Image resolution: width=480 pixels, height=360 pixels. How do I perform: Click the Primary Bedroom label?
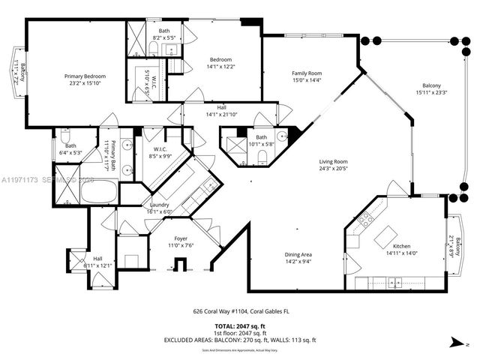tap(85, 76)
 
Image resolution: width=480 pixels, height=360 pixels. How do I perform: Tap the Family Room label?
tap(307, 73)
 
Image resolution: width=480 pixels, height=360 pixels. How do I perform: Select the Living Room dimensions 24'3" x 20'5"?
tap(334, 169)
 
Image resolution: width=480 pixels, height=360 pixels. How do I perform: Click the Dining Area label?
tap(298, 254)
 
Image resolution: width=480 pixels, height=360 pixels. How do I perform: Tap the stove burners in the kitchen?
tap(367, 220)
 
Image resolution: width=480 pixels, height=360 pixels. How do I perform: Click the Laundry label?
tap(158, 205)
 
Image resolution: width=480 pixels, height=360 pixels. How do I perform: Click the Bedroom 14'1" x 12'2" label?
tap(220, 59)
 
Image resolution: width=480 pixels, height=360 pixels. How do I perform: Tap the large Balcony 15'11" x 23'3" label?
tap(431, 85)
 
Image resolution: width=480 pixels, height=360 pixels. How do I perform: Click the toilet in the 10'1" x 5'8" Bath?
tap(262, 156)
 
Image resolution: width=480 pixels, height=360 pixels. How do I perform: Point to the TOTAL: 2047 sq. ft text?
tap(239, 326)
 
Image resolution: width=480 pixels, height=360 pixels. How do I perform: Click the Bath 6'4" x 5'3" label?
tap(70, 145)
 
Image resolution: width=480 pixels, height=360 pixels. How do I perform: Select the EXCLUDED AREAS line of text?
tap(239, 340)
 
